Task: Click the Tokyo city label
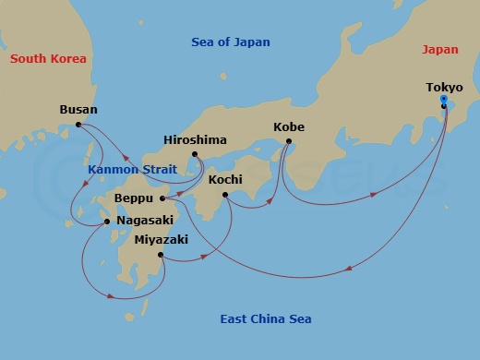[444, 88]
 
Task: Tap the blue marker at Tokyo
[444, 100]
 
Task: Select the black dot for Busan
[78, 125]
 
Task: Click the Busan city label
[78, 109]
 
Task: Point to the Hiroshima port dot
[195, 154]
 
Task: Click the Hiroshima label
[195, 139]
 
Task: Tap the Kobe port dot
[289, 141]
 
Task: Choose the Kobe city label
[289, 126]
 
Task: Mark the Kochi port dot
[225, 195]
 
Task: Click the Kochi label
[227, 180]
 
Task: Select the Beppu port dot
[162, 198]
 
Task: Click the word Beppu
[135, 198]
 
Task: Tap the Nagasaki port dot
[107, 222]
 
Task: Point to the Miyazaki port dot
[161, 255]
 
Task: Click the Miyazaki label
[161, 240]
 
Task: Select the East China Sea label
[266, 319]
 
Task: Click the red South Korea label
[48, 59]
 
